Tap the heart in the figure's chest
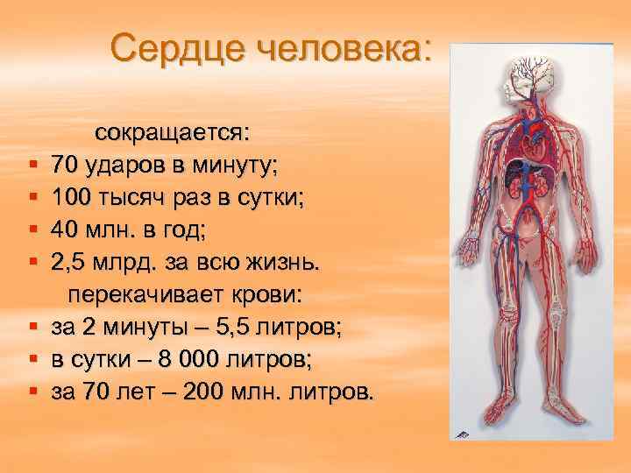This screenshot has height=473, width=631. click(x=535, y=133)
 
